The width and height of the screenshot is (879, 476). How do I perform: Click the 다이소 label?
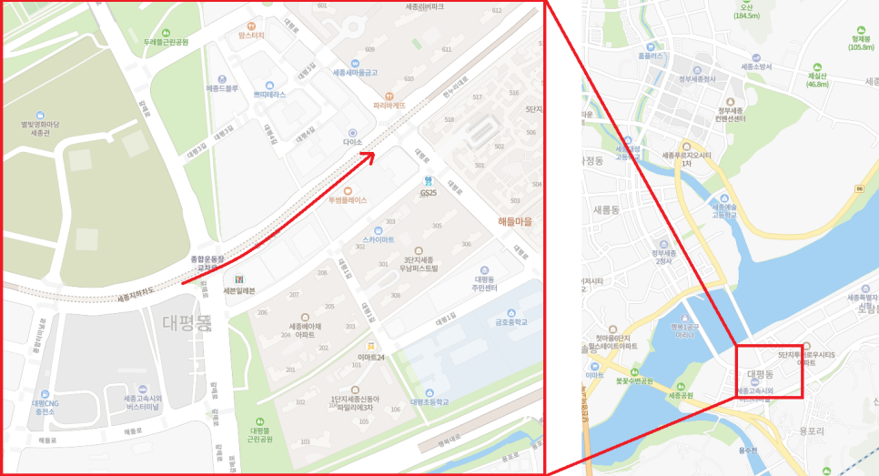coord(353,143)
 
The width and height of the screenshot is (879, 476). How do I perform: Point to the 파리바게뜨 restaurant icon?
coord(389,94)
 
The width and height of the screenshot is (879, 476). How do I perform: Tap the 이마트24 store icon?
coord(372,346)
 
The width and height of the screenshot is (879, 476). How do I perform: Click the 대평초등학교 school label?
coord(429,401)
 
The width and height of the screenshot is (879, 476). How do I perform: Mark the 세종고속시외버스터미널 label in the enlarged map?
coord(142,402)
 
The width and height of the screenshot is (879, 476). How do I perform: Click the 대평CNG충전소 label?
coord(45,407)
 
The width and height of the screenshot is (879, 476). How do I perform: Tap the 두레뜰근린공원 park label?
coord(166,42)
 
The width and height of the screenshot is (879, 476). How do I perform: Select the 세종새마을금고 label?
coord(355,73)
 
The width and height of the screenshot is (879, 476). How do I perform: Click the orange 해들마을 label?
coord(515,221)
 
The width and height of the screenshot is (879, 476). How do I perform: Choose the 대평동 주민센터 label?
coord(484,283)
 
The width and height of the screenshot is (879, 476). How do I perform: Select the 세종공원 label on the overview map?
coord(681,396)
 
